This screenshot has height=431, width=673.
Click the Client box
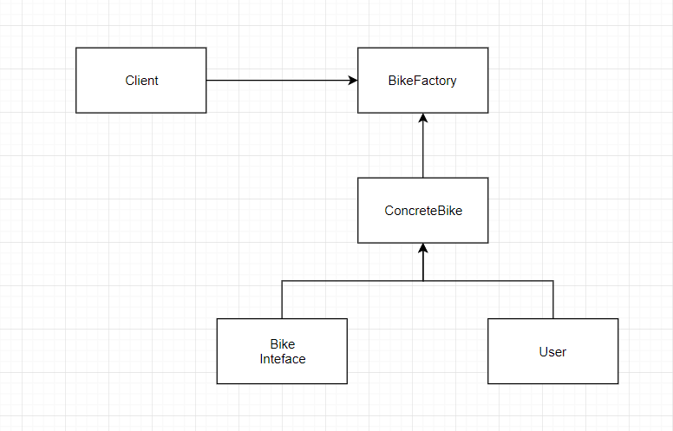click(x=140, y=81)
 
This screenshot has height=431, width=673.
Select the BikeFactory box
click(x=422, y=81)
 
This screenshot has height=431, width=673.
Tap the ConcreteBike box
click(x=422, y=211)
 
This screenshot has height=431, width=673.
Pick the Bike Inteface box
click(x=282, y=351)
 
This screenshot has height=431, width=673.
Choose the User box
click(x=552, y=351)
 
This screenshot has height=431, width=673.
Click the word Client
click(x=141, y=81)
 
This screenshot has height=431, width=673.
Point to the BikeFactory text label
click(x=422, y=81)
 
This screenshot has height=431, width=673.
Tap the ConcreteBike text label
click(x=423, y=211)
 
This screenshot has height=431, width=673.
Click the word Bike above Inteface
click(x=283, y=344)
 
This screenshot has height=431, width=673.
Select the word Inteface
click(x=283, y=358)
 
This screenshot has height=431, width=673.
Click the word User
click(x=552, y=351)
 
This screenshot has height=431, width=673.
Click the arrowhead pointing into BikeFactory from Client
click(x=353, y=81)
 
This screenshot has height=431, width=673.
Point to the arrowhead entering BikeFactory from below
click(x=422, y=118)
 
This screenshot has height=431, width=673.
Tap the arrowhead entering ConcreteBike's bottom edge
click(x=422, y=248)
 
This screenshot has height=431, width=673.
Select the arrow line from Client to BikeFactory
click(x=282, y=81)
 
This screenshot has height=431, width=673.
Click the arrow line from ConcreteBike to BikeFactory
click(x=422, y=146)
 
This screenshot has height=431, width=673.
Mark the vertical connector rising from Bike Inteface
click(x=282, y=300)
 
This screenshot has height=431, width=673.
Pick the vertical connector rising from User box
click(x=552, y=300)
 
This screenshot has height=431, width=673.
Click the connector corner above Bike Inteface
click(x=282, y=281)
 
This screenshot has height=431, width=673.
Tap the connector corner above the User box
click(x=552, y=281)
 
